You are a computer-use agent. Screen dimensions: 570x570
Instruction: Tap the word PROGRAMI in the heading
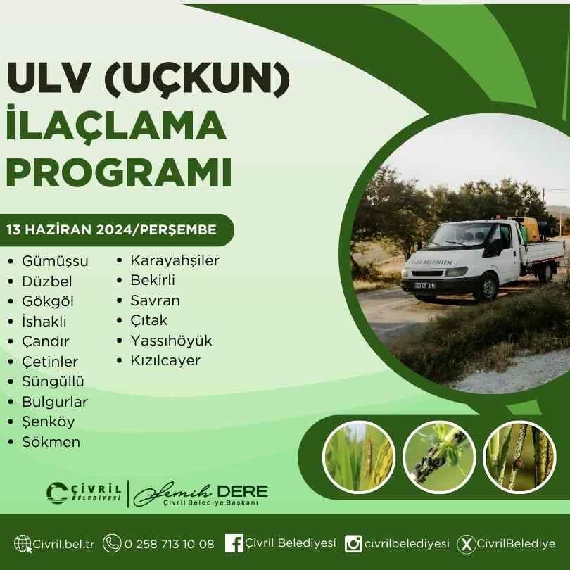click(119, 172)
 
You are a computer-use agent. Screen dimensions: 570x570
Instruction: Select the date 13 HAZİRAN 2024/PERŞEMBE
click(112, 229)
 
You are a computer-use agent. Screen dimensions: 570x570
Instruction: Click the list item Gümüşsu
click(55, 261)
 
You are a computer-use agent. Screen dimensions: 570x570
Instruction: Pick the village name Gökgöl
click(48, 301)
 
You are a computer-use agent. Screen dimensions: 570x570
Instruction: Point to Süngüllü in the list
click(53, 381)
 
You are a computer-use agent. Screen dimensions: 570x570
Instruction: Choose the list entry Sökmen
click(51, 442)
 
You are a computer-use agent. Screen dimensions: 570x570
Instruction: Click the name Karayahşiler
click(175, 260)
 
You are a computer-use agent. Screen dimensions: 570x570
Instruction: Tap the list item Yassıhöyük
click(171, 341)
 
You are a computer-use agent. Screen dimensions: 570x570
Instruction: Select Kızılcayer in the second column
click(165, 360)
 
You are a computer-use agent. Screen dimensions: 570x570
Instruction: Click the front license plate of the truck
click(424, 286)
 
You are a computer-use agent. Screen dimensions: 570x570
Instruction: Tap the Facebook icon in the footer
click(234, 543)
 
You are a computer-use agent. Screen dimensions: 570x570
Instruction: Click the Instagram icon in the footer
click(353, 544)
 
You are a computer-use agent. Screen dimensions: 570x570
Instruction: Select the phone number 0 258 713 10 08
click(169, 544)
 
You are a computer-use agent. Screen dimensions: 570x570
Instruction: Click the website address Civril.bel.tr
click(63, 544)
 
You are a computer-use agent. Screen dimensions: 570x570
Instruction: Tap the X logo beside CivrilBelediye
click(466, 544)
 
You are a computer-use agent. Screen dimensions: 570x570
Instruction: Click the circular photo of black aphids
click(439, 457)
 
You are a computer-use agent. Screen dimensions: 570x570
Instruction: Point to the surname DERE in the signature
click(242, 492)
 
